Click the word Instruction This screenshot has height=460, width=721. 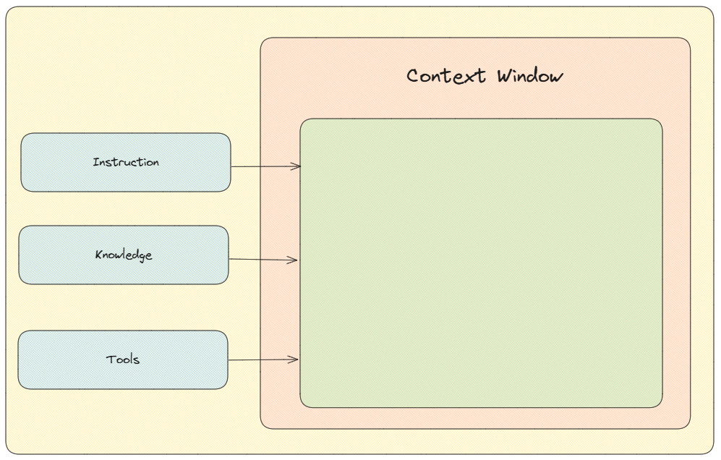point(126,162)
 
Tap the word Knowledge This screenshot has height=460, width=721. point(124,255)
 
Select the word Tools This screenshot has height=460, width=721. point(123,359)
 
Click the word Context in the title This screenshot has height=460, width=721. point(446,76)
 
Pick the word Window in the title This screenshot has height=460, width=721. point(529,76)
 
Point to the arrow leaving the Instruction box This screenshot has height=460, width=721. point(266,166)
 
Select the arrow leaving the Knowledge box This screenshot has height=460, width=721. point(263,260)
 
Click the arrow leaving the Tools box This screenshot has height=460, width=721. point(263,359)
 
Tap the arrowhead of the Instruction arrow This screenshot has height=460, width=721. point(296,166)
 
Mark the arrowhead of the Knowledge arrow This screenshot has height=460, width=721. point(293,260)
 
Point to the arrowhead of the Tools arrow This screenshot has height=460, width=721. point(294,359)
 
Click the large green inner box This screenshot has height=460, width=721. point(481,263)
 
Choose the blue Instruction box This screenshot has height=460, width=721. point(126,163)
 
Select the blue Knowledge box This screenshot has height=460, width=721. point(124,255)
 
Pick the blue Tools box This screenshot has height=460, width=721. point(123,359)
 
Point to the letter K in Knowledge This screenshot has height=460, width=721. point(99,255)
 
